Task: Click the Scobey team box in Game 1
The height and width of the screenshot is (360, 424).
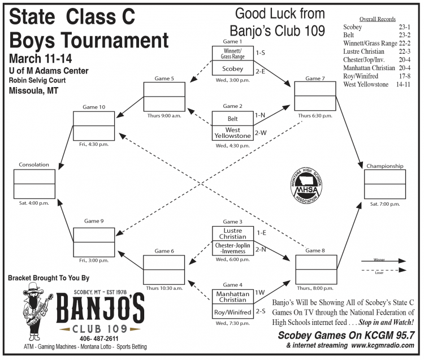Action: [232, 69]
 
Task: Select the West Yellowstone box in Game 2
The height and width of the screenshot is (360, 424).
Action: [232, 133]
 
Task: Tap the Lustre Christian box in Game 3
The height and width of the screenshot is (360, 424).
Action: [232, 233]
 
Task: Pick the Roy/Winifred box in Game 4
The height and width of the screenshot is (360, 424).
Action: [232, 311]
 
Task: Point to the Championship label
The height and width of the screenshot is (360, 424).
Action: [384, 166]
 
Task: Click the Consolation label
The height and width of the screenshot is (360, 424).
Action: [33, 165]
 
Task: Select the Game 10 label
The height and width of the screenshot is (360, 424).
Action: [94, 106]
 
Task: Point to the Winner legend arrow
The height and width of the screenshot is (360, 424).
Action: [383, 261]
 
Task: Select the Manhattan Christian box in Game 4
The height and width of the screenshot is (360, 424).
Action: [232, 297]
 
